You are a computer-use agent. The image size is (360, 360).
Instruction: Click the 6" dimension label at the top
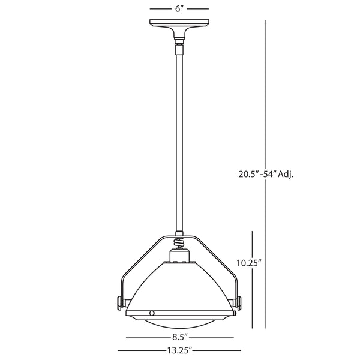[x=179, y=9]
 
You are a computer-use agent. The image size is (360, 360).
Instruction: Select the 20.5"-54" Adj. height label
[x=266, y=175]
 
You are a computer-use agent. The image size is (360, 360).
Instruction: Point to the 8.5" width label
[x=179, y=337]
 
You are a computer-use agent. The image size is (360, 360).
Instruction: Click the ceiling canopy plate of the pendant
[x=179, y=28]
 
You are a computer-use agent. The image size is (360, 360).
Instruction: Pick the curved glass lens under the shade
[x=179, y=323]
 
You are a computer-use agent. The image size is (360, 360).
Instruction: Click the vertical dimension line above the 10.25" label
[x=252, y=243]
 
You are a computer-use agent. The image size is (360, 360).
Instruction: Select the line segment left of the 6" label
[x=158, y=9]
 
